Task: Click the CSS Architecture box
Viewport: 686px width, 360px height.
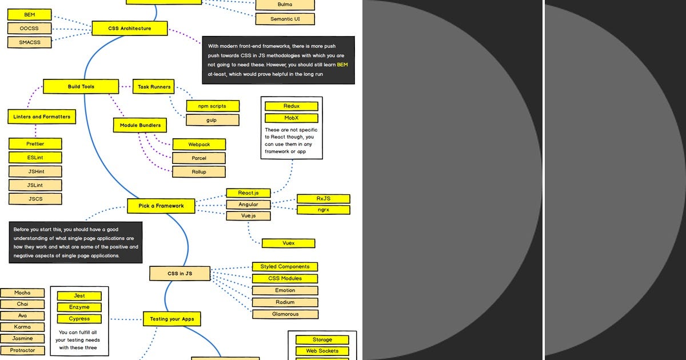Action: [130, 28]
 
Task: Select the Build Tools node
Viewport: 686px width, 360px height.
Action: [81, 86]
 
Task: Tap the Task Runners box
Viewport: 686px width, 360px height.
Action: [154, 87]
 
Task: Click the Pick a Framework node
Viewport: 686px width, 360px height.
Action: [161, 206]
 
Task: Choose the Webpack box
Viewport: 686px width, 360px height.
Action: [199, 144]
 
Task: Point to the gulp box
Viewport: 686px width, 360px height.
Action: [213, 120]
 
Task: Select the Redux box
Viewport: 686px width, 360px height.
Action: [292, 106]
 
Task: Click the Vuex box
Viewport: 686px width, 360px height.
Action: [289, 243]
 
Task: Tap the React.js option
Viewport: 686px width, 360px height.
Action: [248, 193]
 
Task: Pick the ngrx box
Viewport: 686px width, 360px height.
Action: [324, 210]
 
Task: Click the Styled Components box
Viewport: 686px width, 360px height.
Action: [285, 266]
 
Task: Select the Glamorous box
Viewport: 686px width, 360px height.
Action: [285, 314]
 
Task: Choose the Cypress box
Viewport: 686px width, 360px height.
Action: [79, 319]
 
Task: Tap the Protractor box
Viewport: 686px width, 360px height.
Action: [22, 350]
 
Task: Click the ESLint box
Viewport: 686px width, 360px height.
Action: [35, 157]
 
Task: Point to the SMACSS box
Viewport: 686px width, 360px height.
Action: [29, 42]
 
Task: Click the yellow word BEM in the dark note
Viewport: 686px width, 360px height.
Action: [342, 65]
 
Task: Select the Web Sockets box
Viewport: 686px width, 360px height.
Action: [322, 351]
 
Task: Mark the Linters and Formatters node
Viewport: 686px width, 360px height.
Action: [42, 117]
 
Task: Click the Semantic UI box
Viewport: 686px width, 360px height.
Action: [285, 19]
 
